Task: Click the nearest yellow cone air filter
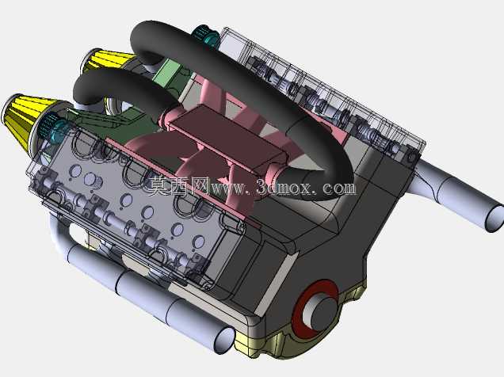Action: click(x=22, y=120)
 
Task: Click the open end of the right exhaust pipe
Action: click(x=495, y=219)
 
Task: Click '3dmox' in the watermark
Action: click(x=284, y=188)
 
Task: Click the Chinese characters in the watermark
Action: click(x=178, y=186)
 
